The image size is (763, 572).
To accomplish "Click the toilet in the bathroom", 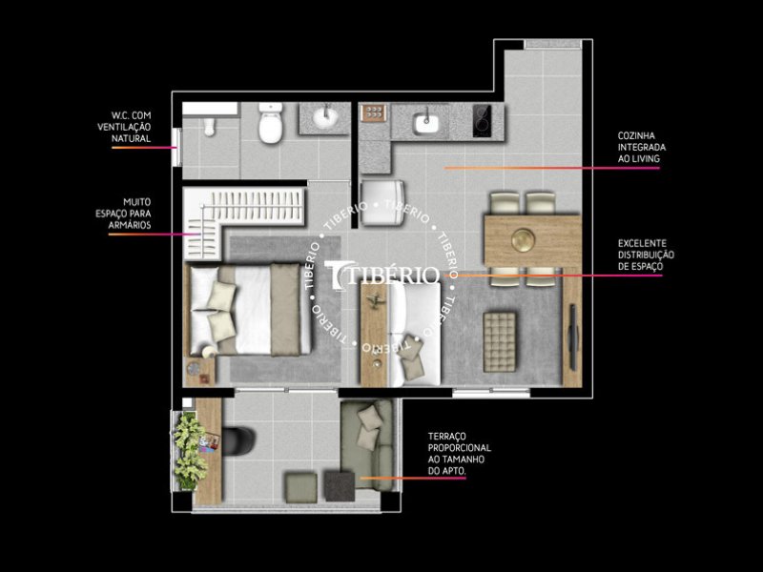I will (x=271, y=126).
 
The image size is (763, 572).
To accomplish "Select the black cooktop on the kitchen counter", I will (x=485, y=121).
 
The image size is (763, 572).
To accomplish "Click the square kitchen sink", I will (x=426, y=122).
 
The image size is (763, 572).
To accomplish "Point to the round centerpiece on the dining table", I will (x=523, y=238).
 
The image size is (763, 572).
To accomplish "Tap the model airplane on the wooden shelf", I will (x=374, y=302).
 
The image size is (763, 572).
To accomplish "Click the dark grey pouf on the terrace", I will (x=339, y=485).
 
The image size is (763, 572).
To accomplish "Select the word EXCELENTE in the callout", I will (x=642, y=244).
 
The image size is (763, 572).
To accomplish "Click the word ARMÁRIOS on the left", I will (x=130, y=225).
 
